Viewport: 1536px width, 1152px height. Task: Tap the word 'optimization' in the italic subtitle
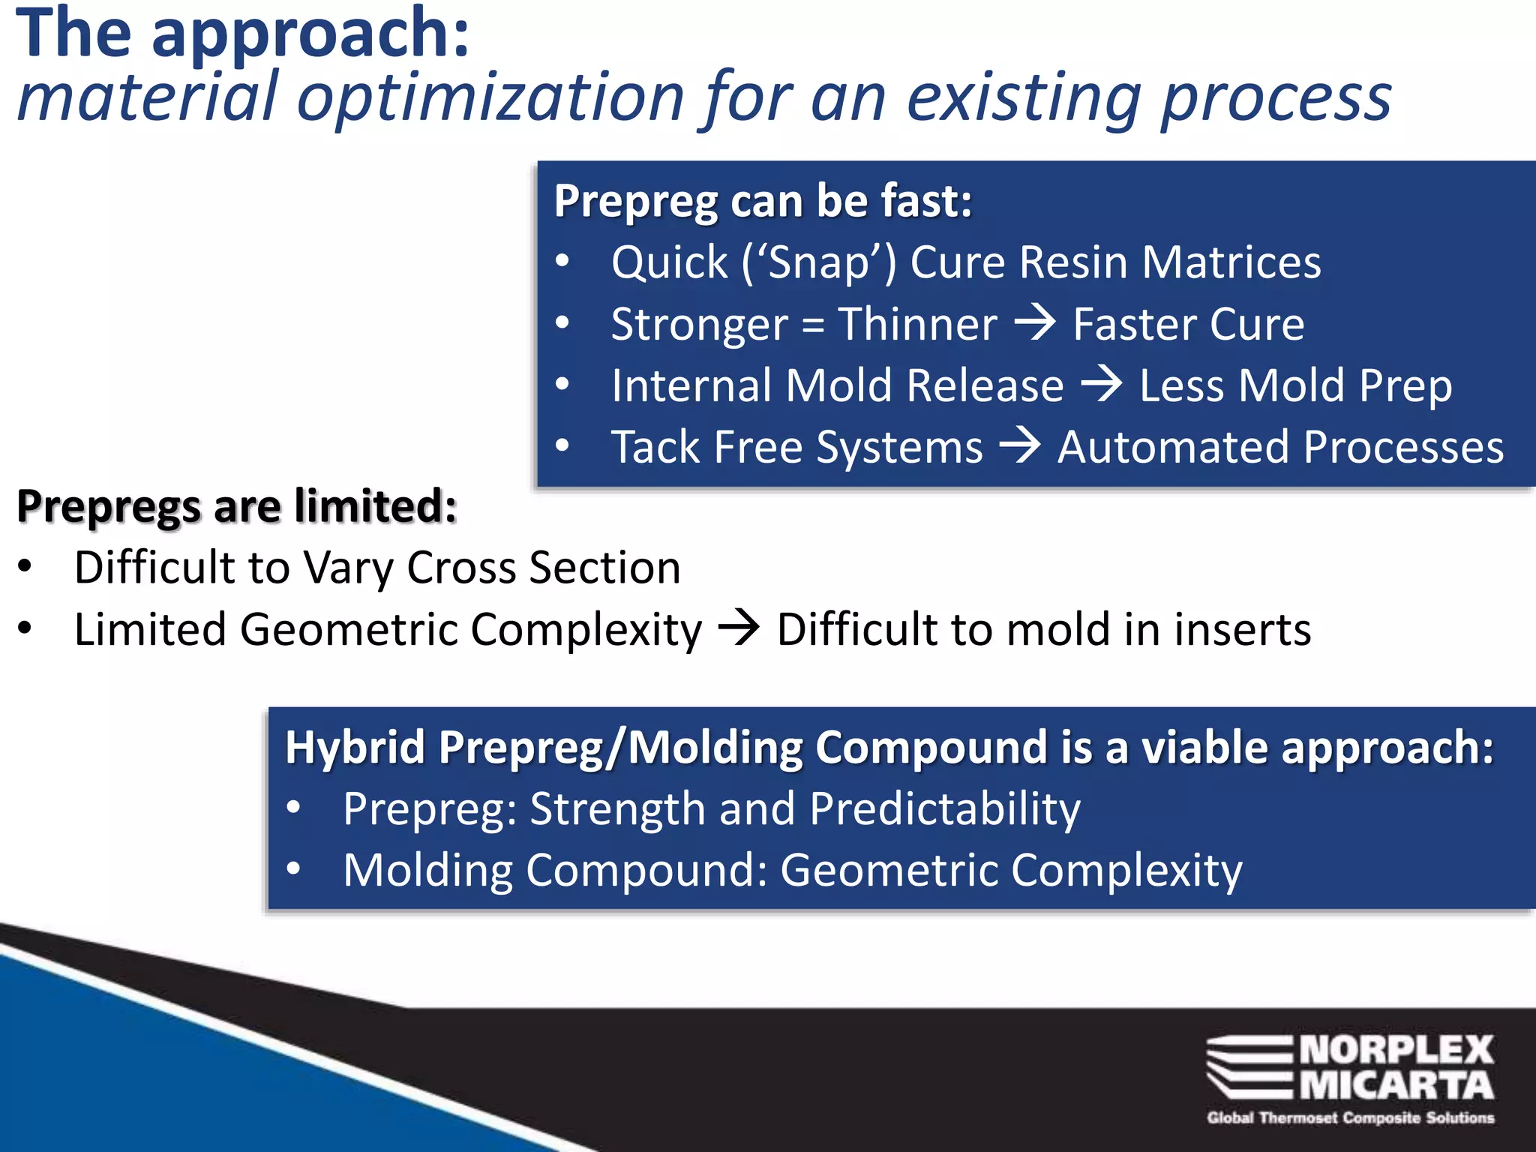pyautogui.click(x=491, y=97)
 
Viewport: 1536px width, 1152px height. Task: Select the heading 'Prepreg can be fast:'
pyautogui.click(x=763, y=201)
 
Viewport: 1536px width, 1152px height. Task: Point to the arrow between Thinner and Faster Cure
pyautogui.click(x=1035, y=323)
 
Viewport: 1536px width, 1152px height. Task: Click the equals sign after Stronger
pyautogui.click(x=813, y=326)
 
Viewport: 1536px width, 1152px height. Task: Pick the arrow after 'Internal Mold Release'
pyautogui.click(x=1101, y=385)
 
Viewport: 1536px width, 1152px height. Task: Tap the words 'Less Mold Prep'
pyautogui.click(x=1295, y=385)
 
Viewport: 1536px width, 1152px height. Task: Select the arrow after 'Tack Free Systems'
pyautogui.click(x=1020, y=446)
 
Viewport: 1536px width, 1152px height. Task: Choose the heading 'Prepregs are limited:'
pyautogui.click(x=237, y=506)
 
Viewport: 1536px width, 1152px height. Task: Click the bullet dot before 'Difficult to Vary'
pyautogui.click(x=25, y=567)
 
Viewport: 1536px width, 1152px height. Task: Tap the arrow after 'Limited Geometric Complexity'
pyautogui.click(x=739, y=628)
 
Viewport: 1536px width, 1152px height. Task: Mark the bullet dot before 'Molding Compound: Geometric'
pyautogui.click(x=294, y=870)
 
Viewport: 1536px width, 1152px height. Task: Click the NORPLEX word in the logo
pyautogui.click(x=1396, y=1050)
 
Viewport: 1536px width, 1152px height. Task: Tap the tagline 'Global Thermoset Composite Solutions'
pyautogui.click(x=1350, y=1118)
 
